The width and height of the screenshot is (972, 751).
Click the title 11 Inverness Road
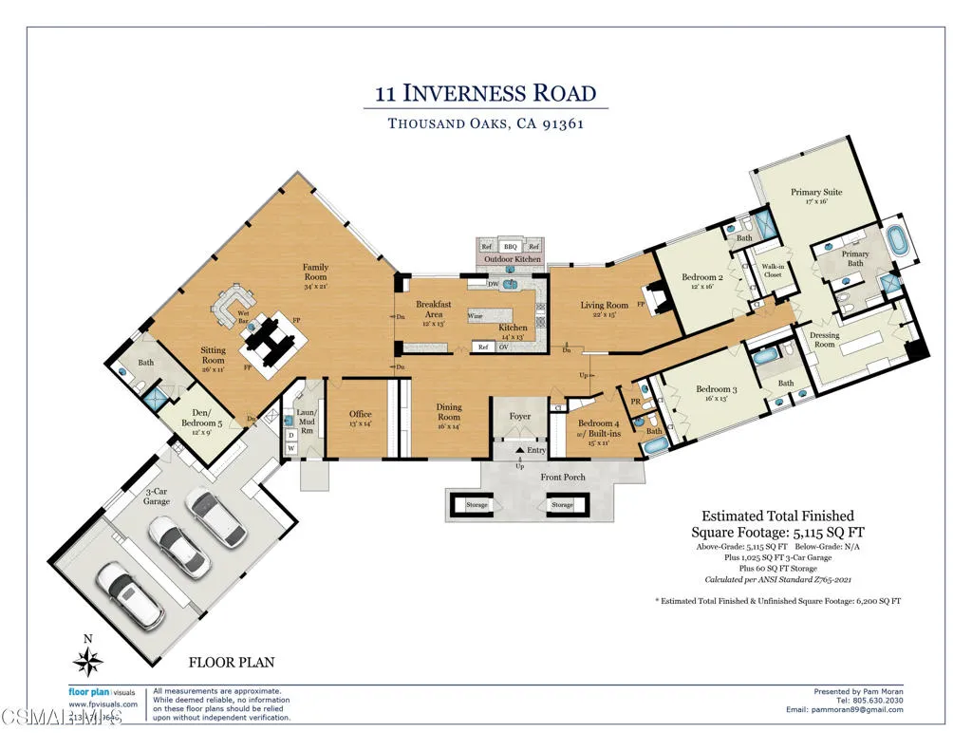(485, 93)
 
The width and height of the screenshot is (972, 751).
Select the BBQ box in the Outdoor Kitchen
(511, 247)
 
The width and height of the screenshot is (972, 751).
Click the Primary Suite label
(816, 197)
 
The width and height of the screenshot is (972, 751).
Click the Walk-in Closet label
(772, 272)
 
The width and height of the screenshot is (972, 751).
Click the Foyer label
(520, 416)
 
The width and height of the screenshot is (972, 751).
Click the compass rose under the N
(88, 662)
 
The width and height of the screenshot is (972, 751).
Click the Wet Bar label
(243, 316)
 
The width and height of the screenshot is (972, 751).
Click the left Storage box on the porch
(477, 505)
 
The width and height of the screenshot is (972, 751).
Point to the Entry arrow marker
(519, 450)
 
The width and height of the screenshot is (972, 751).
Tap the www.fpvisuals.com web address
(103, 704)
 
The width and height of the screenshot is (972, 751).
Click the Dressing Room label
(824, 340)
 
